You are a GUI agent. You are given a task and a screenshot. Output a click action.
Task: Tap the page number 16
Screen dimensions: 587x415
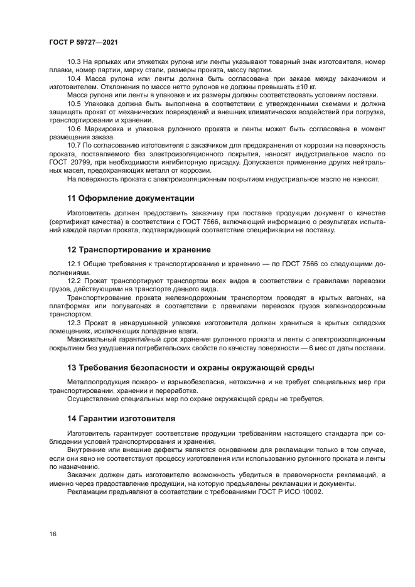coord(53,534)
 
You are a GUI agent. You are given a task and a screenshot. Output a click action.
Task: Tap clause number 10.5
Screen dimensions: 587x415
coord(73,104)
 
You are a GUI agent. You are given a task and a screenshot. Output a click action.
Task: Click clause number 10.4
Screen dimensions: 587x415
coord(73,78)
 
